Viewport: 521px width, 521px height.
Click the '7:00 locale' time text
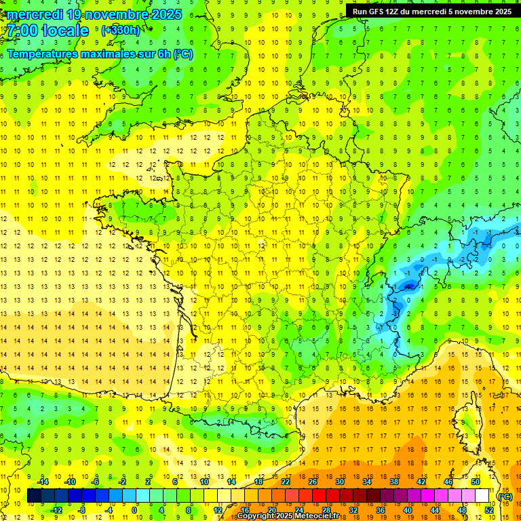coord(48,31)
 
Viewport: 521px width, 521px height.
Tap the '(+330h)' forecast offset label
coord(121,30)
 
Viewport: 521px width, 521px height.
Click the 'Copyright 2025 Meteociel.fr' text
coord(288,516)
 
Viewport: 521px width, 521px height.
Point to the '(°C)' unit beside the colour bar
coord(505,497)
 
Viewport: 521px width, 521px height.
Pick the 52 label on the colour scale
coord(489,510)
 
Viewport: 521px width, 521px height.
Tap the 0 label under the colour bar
coord(135,510)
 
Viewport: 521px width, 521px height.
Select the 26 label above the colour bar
coord(313,482)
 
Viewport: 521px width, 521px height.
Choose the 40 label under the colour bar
coord(408,510)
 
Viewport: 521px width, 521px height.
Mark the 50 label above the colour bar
coord(476,482)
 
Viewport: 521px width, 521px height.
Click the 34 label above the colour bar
coord(367,482)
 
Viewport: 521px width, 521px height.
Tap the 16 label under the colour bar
coord(245,510)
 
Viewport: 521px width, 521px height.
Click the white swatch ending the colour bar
coord(482,496)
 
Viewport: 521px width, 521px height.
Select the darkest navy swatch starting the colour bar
coord(34,496)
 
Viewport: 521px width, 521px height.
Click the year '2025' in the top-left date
coord(167,14)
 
